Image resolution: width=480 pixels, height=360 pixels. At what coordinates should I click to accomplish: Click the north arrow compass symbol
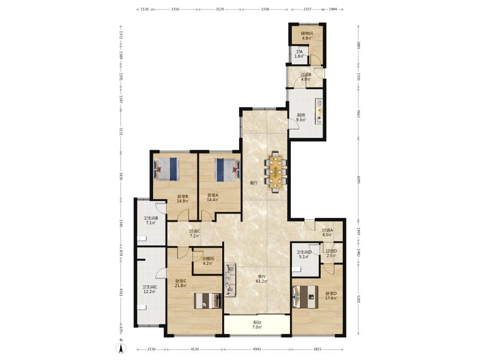coord(121,348)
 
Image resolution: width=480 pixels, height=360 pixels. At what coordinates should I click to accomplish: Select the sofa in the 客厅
coord(230,279)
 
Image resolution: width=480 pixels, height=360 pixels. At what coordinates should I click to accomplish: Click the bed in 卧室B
coord(166,169)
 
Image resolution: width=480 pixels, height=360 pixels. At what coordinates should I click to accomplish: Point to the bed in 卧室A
coord(228,170)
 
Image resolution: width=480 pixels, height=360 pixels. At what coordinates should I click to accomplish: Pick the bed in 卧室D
coord(305,297)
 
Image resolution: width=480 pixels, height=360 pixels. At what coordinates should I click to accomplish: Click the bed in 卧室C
coord(208,300)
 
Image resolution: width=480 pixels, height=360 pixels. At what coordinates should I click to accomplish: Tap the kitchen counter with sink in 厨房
coord(319,111)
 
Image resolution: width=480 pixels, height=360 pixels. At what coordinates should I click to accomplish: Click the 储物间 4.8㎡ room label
coord(306,36)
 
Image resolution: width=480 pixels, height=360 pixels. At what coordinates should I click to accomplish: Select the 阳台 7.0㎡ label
coord(257,325)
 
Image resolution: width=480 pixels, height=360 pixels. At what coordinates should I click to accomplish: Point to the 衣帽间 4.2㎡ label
coord(208,261)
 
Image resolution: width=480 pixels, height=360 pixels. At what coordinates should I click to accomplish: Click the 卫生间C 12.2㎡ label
coord(149,289)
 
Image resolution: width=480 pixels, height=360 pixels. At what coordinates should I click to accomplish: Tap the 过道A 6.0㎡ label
coord(327,232)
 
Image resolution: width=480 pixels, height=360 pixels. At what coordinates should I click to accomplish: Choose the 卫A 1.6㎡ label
coord(299,54)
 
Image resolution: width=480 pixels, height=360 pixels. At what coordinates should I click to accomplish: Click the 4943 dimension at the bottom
coord(257,349)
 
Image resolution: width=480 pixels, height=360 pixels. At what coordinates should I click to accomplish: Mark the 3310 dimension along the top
coord(175,9)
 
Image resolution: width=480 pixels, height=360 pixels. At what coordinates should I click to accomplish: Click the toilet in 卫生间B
coord(143,239)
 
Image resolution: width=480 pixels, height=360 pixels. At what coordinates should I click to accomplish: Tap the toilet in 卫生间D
coord(296,269)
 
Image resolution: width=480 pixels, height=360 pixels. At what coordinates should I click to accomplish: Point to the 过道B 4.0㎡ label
coord(306,77)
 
